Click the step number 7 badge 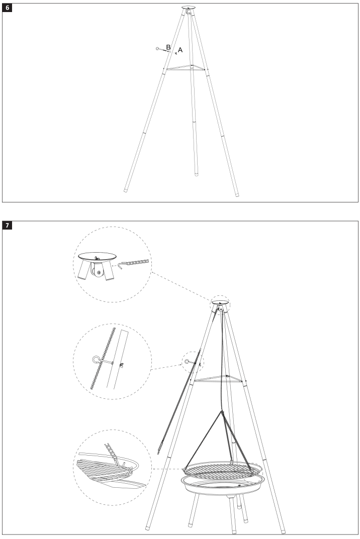(8, 226)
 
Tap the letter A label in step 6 (180, 50)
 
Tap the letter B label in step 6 (168, 47)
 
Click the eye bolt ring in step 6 (157, 49)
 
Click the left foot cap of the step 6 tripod (125, 191)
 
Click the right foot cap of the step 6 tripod (237, 194)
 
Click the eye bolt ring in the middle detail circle (95, 359)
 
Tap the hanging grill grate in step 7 (221, 470)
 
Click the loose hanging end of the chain (160, 452)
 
